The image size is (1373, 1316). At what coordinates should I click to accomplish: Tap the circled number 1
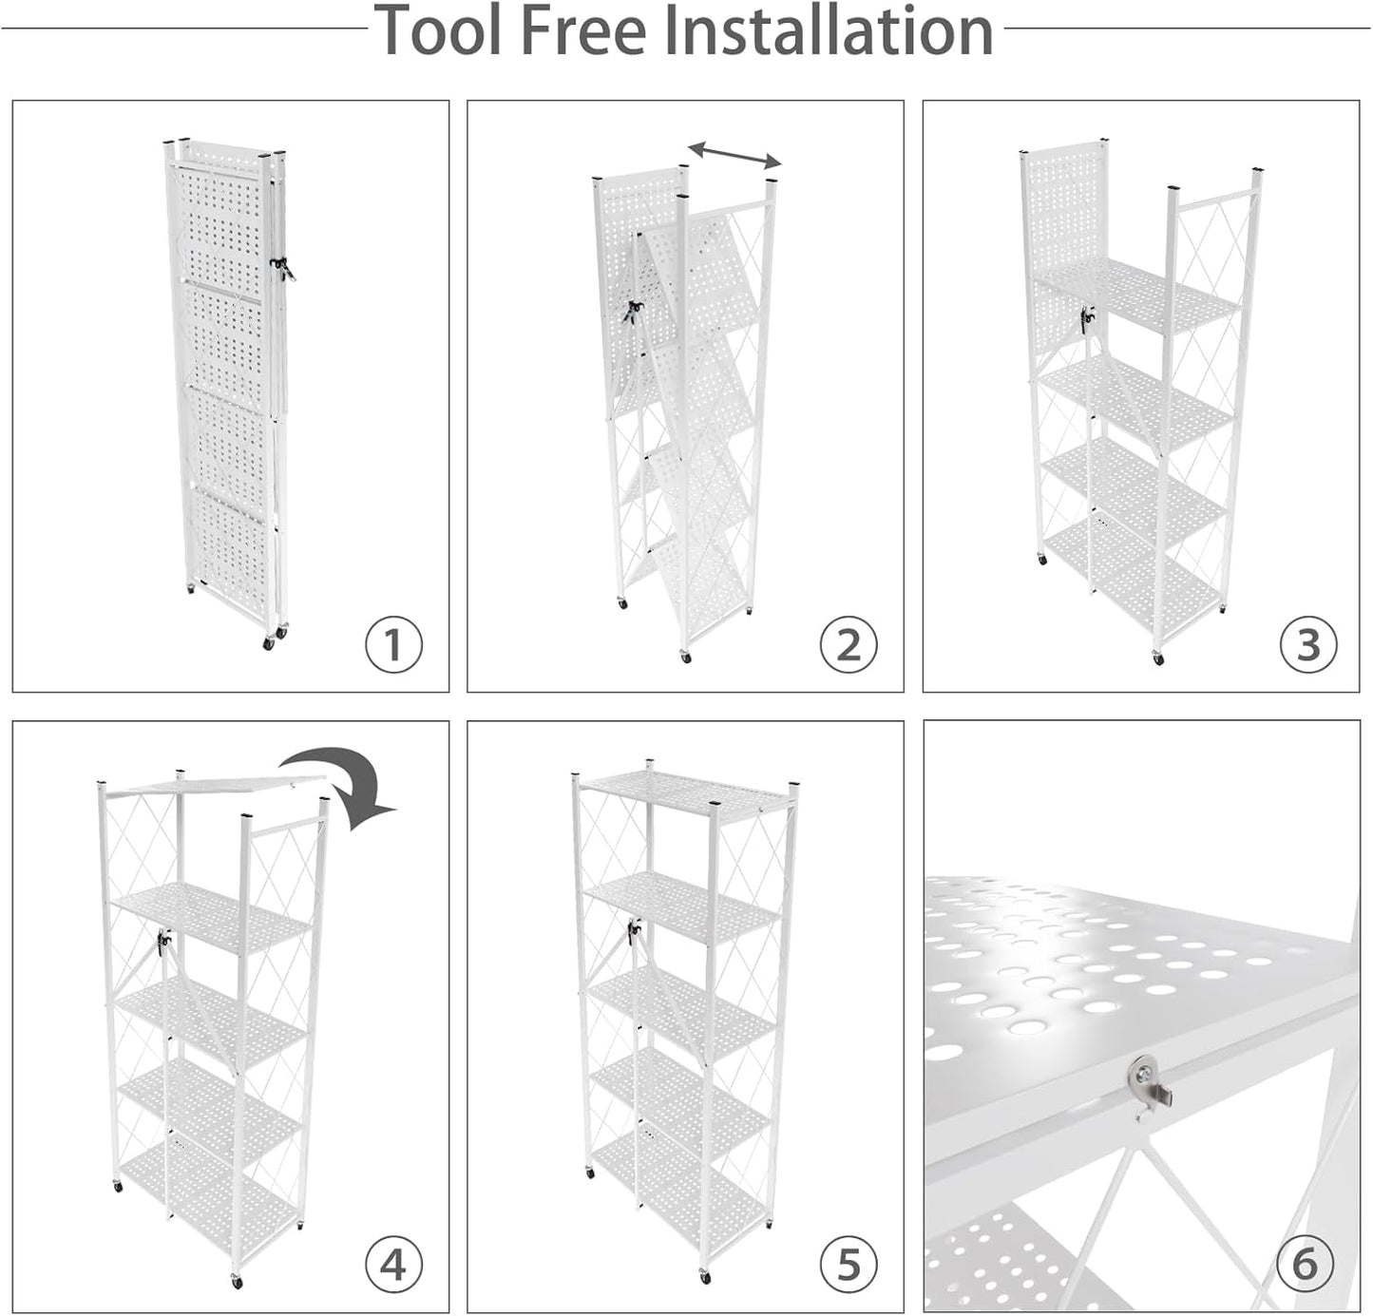(x=393, y=645)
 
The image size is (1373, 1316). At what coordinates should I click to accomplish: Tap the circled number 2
(x=849, y=645)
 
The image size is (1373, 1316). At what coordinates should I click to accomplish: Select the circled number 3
(x=1307, y=645)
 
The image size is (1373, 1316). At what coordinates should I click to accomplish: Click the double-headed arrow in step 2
(x=734, y=154)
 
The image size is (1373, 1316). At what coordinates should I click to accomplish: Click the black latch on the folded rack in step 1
(x=282, y=268)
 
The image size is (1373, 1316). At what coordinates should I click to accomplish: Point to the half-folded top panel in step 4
(x=209, y=782)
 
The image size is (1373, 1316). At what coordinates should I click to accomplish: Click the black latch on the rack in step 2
(x=631, y=311)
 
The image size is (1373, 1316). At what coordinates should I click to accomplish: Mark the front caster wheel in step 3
(x=1156, y=658)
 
